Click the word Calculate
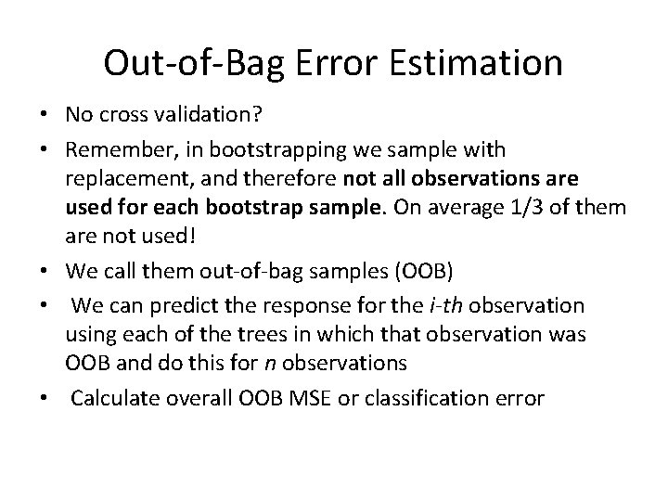(115, 398)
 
